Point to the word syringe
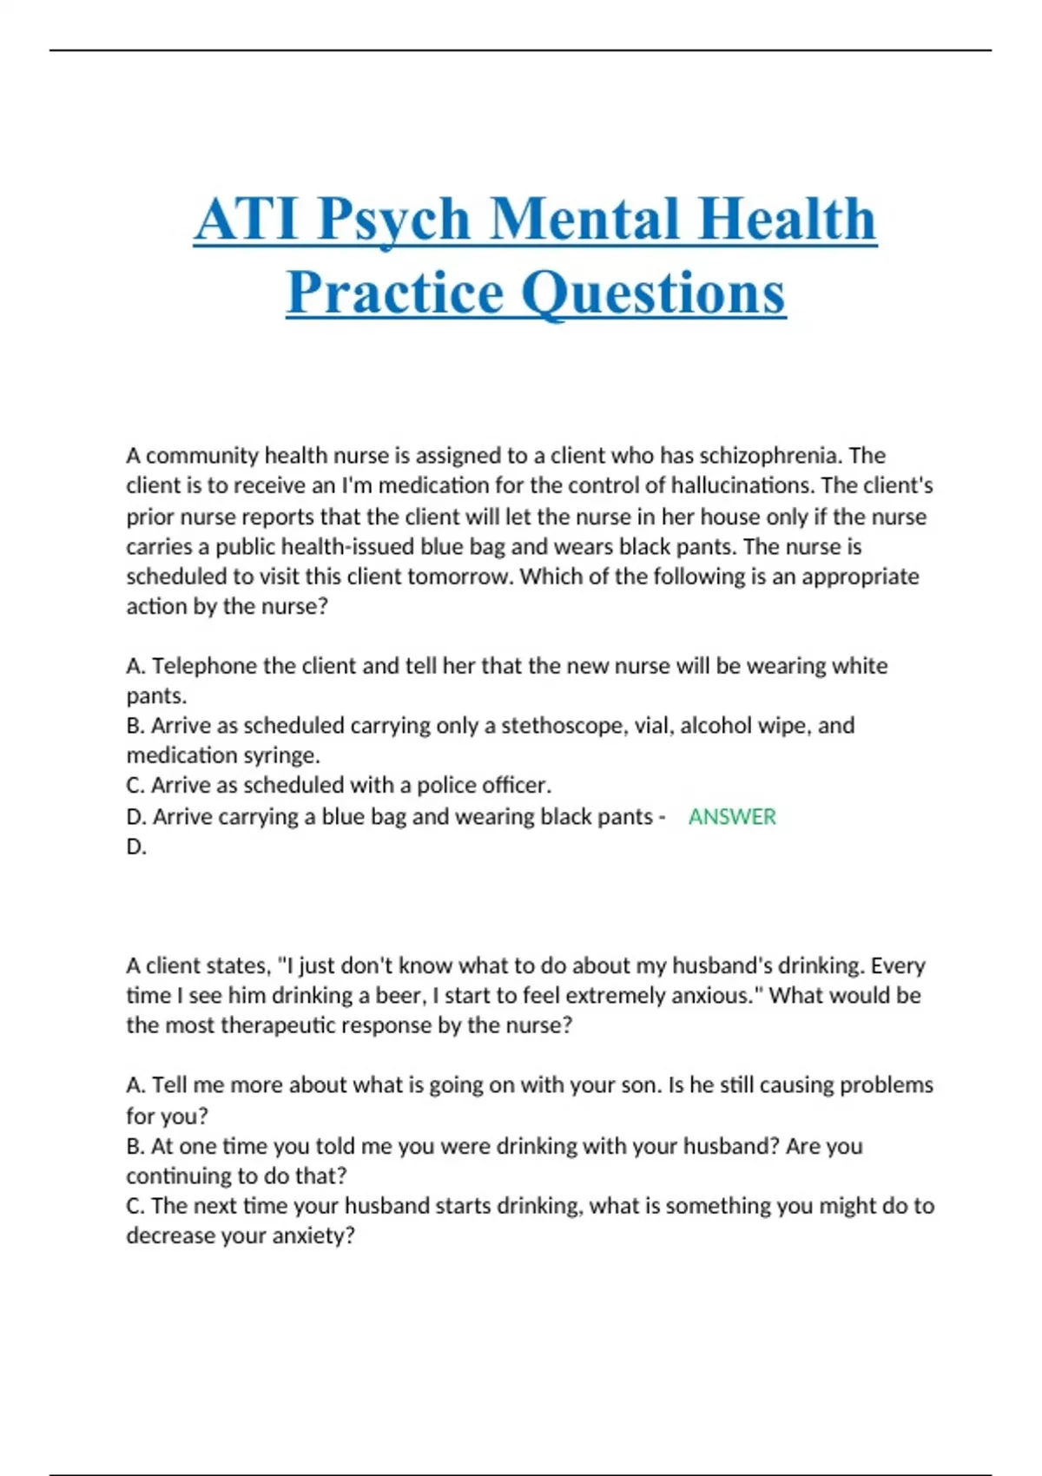click(x=287, y=755)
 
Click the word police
click(x=450, y=785)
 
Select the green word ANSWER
click(x=732, y=817)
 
